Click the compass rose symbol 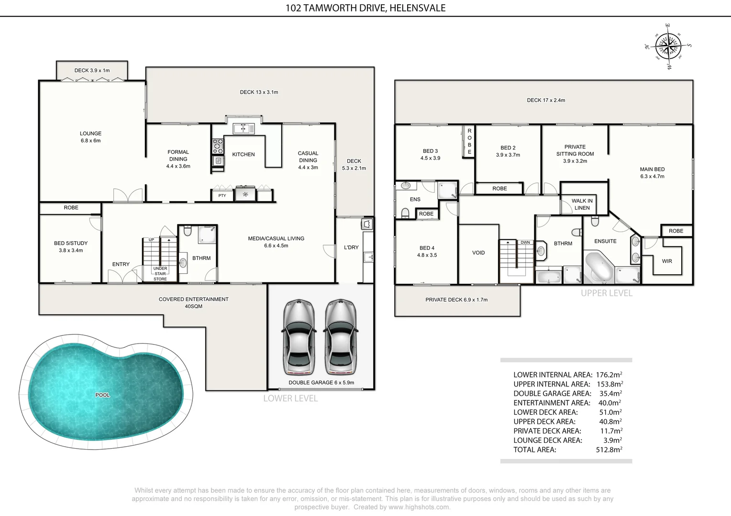coord(668,46)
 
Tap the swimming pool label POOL coord(102,395)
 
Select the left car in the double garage coord(299,337)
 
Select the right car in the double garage coord(341,337)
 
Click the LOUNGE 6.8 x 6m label coord(90,137)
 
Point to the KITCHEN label coord(243,154)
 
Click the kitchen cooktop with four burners coord(218,146)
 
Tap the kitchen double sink coord(244,129)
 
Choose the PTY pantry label coord(222,195)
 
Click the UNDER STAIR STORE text coord(160,274)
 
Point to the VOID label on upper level coord(478,253)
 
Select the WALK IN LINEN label coord(582,204)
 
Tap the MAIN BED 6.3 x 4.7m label coord(652,172)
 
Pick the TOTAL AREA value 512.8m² coord(609,450)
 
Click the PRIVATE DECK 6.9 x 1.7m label coord(456,300)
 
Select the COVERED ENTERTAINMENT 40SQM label coord(193,302)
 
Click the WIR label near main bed coord(667,261)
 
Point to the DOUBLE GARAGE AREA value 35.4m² coord(610,394)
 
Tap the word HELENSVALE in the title coord(417,8)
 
